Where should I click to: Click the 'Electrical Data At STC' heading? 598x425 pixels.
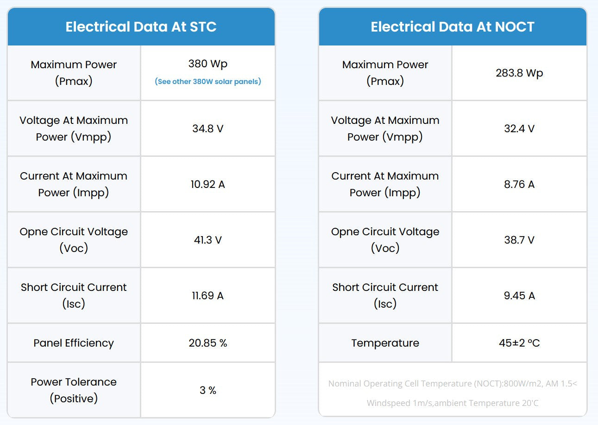[x=141, y=27]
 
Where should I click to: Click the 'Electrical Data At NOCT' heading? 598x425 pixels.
[x=453, y=27]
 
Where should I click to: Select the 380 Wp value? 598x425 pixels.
[x=208, y=64]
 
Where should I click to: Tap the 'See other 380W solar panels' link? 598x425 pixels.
[x=208, y=81]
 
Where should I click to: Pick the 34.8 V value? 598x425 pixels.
[x=208, y=129]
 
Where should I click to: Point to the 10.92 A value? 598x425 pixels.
[x=208, y=184]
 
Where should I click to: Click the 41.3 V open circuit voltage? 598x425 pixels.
[x=208, y=240]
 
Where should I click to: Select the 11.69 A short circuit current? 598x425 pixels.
[x=208, y=296]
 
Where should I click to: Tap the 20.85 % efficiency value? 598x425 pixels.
[x=208, y=343]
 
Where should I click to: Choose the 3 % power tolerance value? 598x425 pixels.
[x=208, y=390]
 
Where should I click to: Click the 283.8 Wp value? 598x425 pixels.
[x=519, y=73]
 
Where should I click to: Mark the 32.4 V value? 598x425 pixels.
[x=519, y=129]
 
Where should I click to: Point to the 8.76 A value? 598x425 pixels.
[x=519, y=184]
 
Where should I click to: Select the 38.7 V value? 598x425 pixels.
[x=519, y=240]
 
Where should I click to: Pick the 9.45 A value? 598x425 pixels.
[x=519, y=296]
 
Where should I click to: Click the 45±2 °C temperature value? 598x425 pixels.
[x=519, y=343]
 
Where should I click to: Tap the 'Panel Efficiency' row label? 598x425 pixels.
[x=74, y=343]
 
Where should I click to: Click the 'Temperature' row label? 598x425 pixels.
[x=385, y=343]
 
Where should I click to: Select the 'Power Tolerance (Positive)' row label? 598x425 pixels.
[x=74, y=390]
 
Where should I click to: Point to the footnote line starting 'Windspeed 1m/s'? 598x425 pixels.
[x=453, y=403]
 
